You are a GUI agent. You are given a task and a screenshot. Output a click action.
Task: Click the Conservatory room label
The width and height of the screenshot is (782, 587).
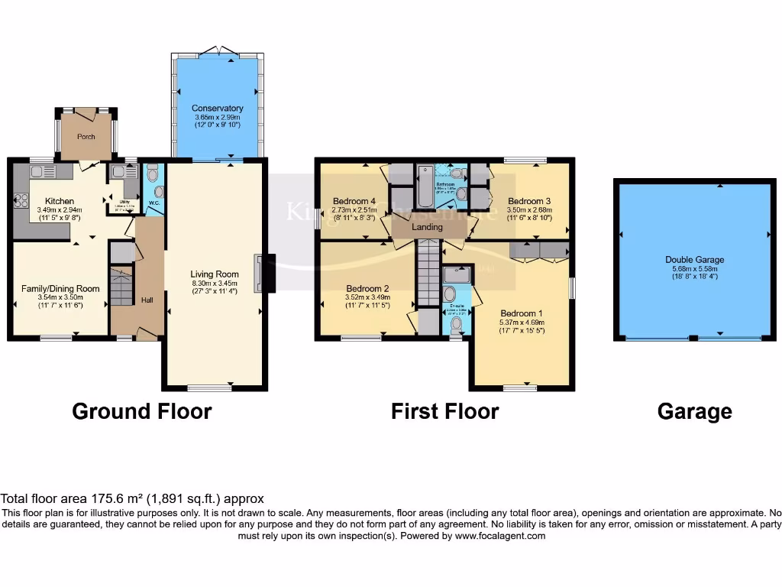(218, 109)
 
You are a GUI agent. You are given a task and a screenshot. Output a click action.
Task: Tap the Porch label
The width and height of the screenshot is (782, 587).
(86, 137)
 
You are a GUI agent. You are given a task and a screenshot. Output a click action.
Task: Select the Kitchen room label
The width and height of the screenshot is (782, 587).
(59, 201)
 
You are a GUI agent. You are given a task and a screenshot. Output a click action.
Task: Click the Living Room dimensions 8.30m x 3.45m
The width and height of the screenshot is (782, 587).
(215, 282)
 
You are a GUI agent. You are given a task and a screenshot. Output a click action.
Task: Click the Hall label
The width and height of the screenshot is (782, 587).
(147, 300)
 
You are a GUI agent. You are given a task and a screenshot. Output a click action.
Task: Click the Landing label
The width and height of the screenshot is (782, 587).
(427, 227)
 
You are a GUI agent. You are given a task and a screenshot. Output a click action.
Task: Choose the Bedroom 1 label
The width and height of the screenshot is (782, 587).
(522, 313)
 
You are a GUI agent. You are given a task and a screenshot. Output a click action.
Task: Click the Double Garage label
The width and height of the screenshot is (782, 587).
(694, 260)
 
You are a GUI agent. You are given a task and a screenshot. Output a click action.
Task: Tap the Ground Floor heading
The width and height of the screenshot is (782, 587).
(141, 411)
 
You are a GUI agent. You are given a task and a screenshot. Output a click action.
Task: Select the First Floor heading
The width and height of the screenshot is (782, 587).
(444, 411)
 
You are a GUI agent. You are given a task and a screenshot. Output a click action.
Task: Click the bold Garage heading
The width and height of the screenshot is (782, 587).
(694, 412)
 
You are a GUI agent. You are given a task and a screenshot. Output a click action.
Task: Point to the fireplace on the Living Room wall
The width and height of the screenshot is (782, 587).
(263, 273)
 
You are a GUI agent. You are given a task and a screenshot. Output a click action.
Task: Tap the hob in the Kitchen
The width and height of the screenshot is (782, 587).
(21, 201)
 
